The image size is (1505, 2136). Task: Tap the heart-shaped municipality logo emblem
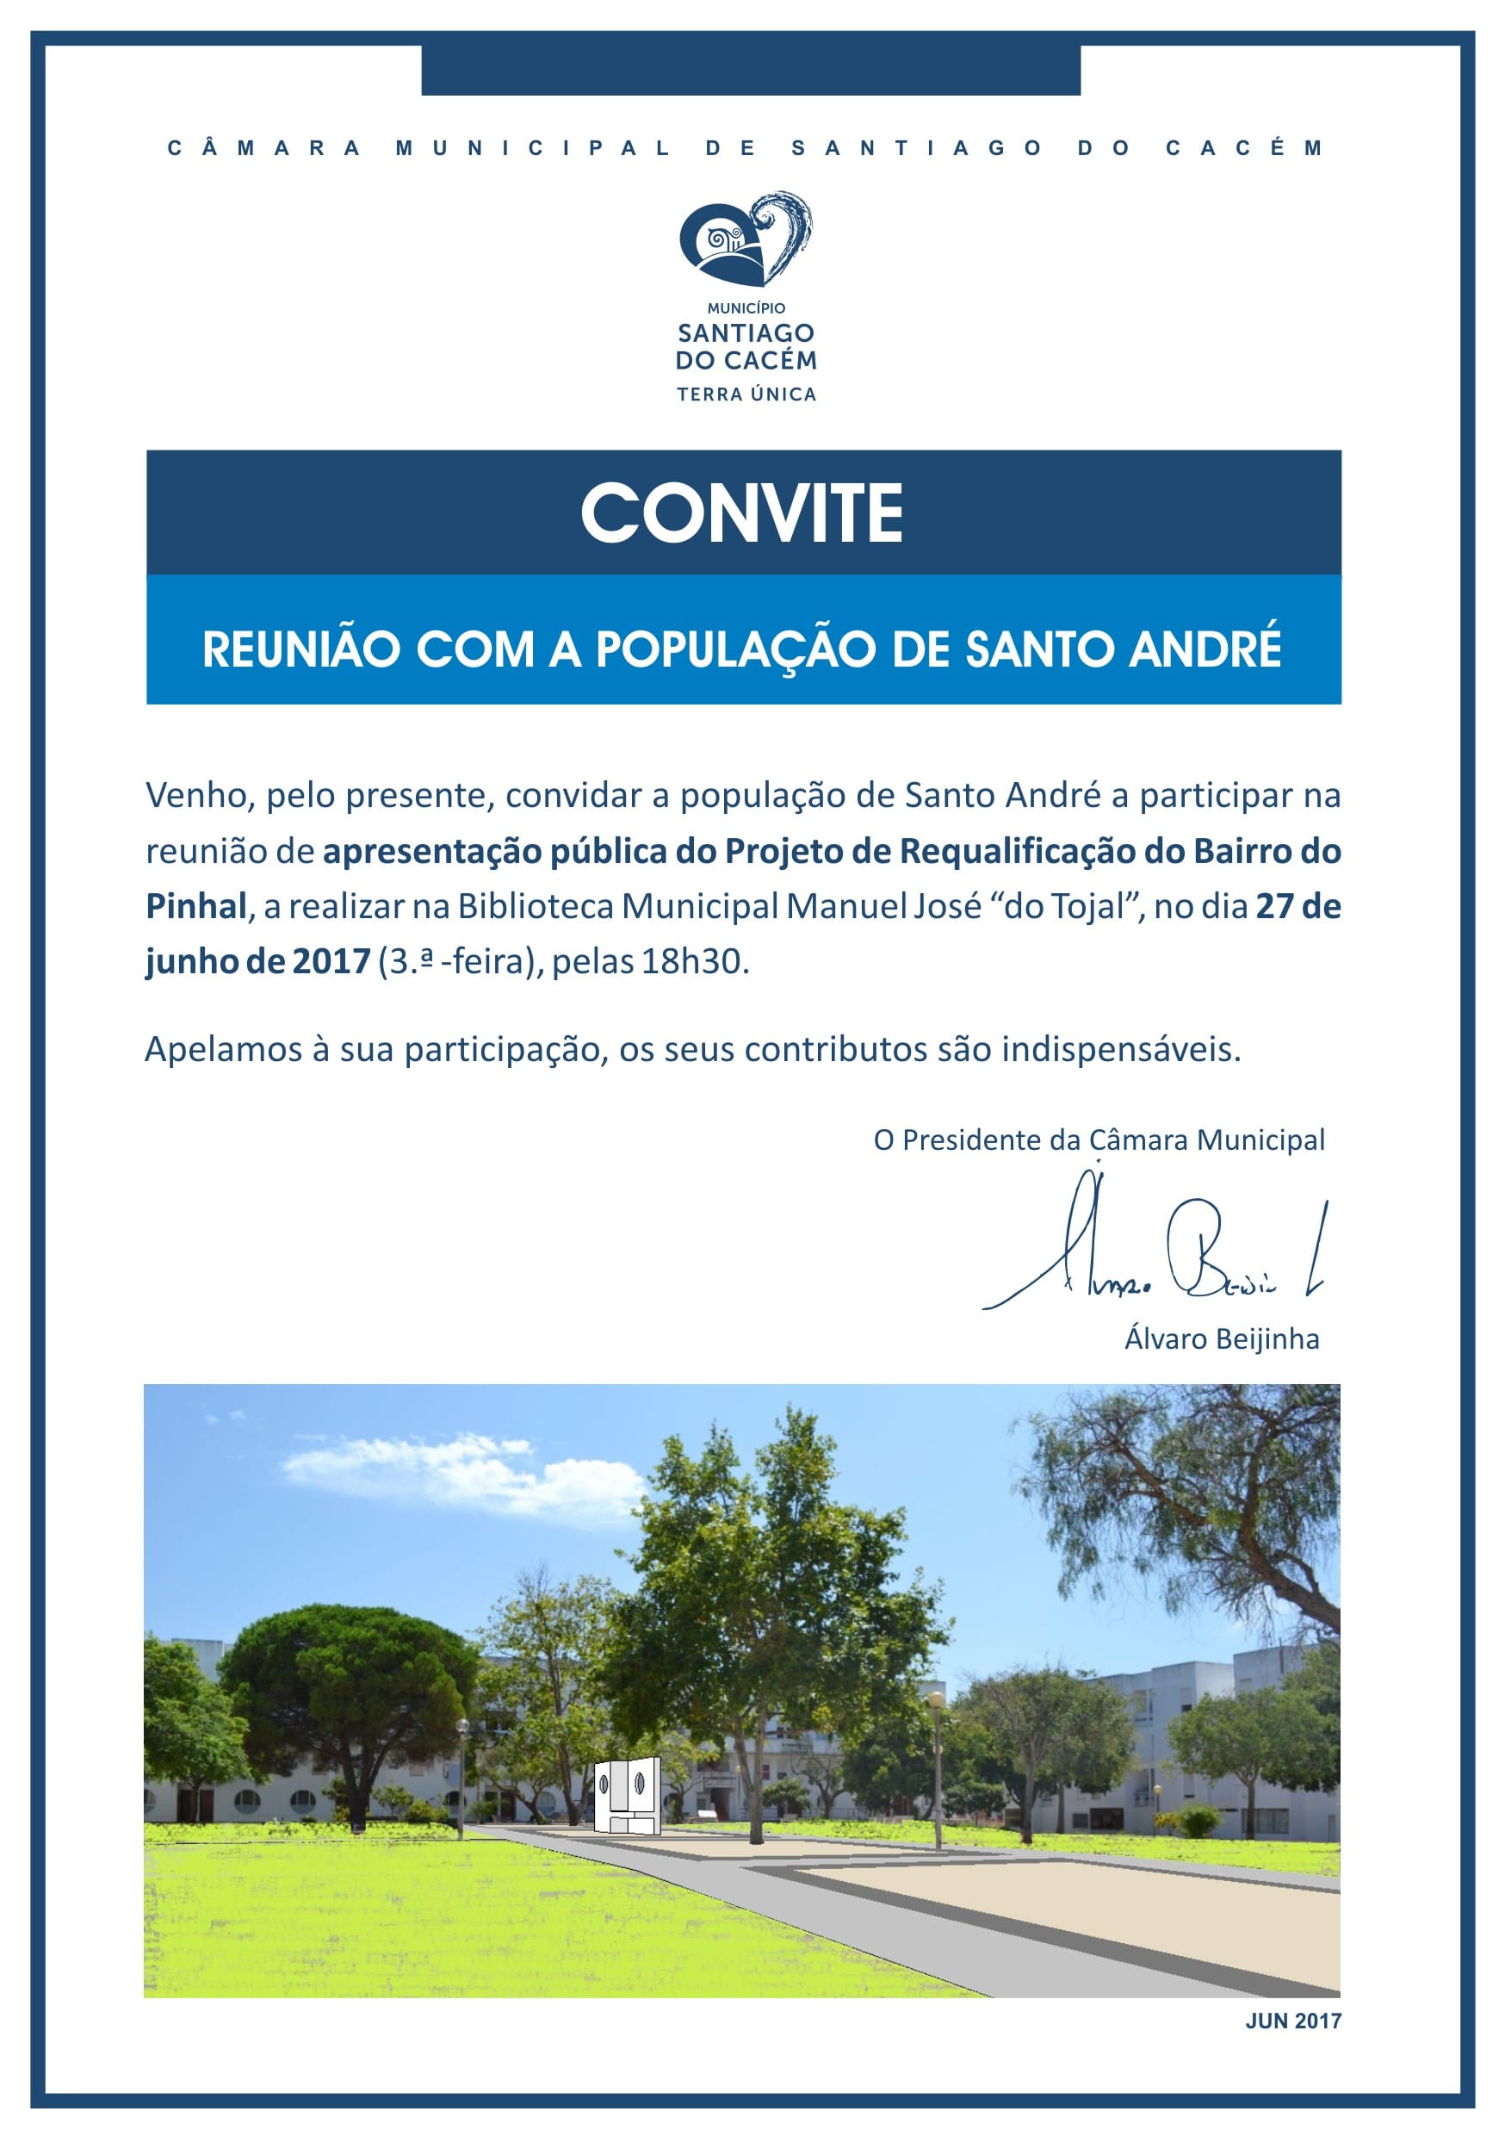744,240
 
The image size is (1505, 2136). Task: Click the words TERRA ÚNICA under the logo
746,394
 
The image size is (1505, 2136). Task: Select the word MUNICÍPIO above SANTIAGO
746,308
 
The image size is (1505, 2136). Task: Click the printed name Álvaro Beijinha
1221,1338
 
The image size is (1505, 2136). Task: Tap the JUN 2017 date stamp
1293,2021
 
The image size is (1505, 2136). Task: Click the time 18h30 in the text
693,961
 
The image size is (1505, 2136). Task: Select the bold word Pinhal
195,906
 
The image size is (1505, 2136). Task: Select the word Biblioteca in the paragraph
535,906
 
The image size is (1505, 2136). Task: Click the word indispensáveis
1121,1049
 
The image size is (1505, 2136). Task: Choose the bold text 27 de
1298,906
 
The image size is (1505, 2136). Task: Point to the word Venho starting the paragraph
200,796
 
